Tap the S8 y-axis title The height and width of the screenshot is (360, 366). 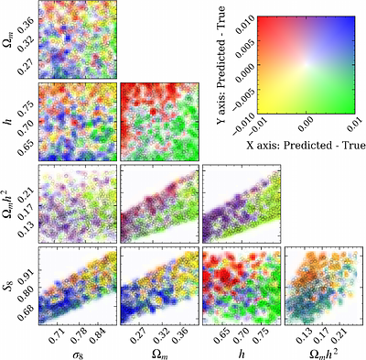(8, 281)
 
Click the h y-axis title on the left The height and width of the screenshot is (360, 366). (8, 120)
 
